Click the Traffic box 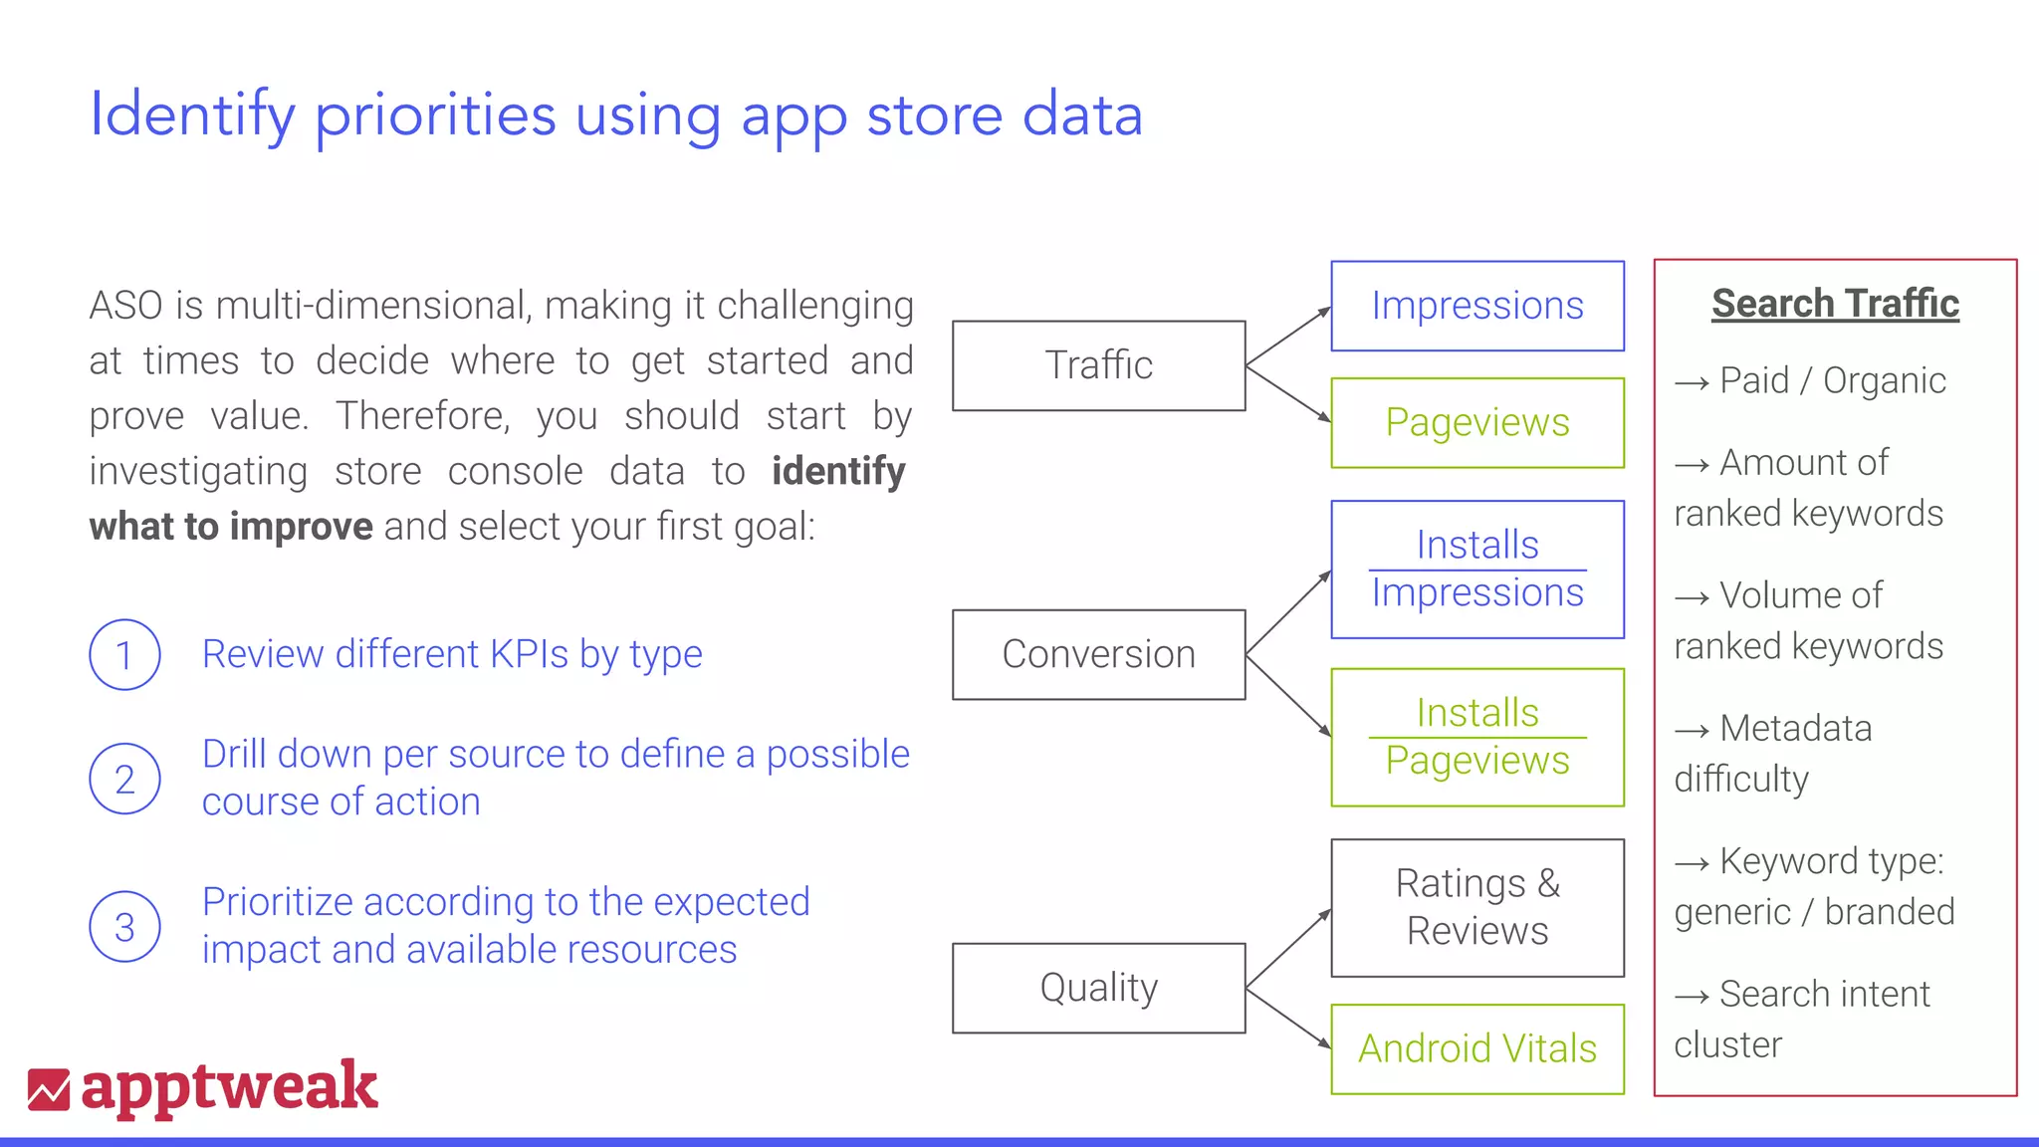tap(1098, 365)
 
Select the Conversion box tap(1098, 654)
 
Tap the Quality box tap(1098, 988)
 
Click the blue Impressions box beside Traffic tap(1477, 306)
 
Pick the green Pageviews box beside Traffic tap(1477, 422)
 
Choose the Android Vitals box tap(1477, 1048)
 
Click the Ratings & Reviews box tap(1477, 907)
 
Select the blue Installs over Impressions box tap(1477, 569)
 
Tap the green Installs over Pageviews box tap(1477, 737)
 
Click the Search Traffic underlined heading tap(1835, 304)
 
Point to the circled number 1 tap(124, 655)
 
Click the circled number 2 tap(124, 779)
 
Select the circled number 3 tap(124, 926)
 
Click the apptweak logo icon tap(49, 1089)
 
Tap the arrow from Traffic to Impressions tap(1288, 337)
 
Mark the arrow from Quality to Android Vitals tap(1288, 1018)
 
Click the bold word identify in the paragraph tap(838, 471)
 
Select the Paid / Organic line tap(1810, 380)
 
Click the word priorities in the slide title tap(435, 115)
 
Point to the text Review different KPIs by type tap(452, 654)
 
